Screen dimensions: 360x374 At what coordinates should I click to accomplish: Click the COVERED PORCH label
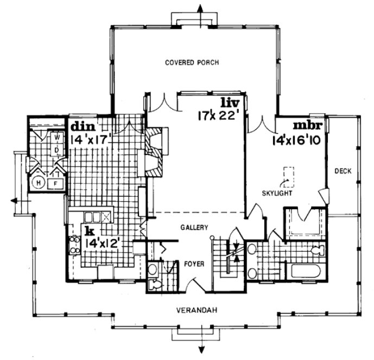(192, 63)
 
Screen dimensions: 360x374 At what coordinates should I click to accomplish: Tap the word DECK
(343, 171)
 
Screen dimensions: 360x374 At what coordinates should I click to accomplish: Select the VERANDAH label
(197, 311)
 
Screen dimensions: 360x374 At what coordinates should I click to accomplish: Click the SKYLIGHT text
(278, 193)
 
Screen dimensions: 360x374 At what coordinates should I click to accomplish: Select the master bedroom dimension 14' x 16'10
(298, 139)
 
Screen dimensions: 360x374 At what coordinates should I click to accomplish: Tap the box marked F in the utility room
(56, 184)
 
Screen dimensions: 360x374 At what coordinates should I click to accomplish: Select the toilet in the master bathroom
(317, 250)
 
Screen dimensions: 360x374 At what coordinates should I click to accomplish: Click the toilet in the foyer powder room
(154, 284)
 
